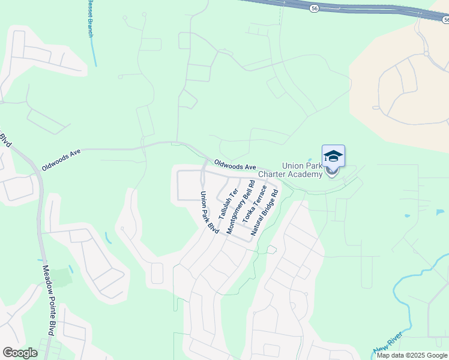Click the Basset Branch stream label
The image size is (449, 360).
click(x=91, y=18)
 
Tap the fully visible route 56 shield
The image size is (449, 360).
click(x=315, y=8)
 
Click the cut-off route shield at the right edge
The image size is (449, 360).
click(x=445, y=20)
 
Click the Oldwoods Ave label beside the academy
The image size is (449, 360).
click(x=235, y=164)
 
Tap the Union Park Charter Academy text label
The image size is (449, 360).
click(x=290, y=170)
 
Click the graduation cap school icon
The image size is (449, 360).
click(x=333, y=157)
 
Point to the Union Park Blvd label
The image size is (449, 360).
click(x=210, y=212)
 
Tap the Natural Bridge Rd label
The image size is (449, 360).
click(x=265, y=213)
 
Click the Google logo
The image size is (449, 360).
click(x=20, y=352)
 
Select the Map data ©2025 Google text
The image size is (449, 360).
click(x=412, y=355)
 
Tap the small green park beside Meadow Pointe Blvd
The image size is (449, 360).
click(x=61, y=277)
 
